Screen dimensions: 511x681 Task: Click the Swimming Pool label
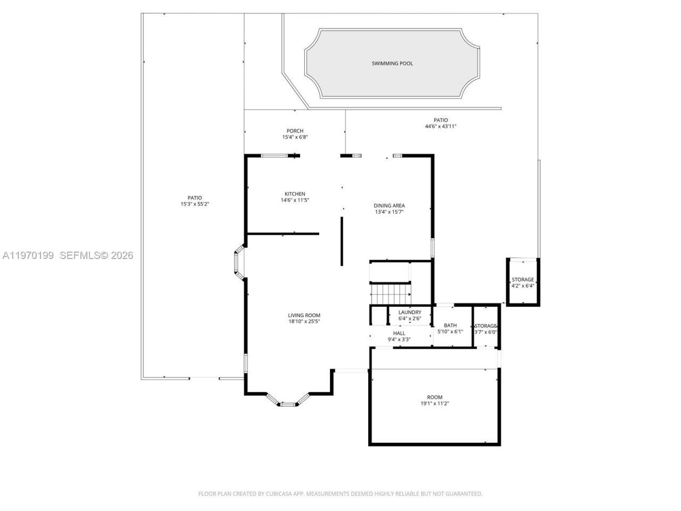392,64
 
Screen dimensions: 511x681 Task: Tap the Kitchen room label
295,194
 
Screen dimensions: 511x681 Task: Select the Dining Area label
389,205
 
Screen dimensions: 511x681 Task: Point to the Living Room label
304,315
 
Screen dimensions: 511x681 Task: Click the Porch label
295,131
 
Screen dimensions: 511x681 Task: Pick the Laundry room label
410,312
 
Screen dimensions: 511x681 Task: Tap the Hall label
399,333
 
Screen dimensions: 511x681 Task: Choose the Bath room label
450,325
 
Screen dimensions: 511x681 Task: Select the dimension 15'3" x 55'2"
195,204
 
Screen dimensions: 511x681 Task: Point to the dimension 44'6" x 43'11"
441,127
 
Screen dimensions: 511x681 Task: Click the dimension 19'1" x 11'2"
435,403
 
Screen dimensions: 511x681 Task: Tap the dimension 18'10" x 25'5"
304,322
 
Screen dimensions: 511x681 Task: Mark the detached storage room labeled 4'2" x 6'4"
522,282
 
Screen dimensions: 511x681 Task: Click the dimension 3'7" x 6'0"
485,332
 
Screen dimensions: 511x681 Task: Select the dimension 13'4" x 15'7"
389,212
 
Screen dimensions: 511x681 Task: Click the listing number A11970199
28,256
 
